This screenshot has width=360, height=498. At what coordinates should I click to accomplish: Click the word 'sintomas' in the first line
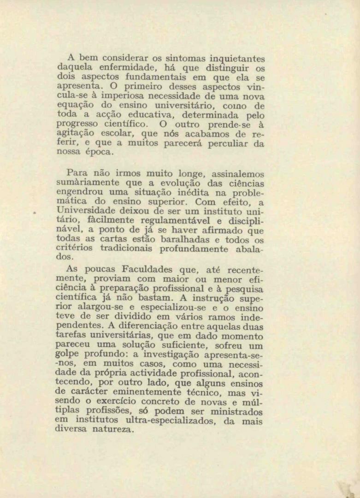[x=185, y=59]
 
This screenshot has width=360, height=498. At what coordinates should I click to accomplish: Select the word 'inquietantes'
[x=237, y=59]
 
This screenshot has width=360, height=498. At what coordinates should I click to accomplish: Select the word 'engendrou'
[x=79, y=192]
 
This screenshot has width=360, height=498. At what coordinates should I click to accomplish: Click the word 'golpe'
[x=68, y=355]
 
